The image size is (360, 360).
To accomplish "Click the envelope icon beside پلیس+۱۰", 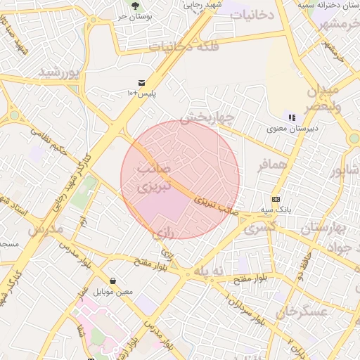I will (x=143, y=82).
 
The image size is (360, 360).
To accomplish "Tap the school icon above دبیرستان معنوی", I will (x=292, y=117).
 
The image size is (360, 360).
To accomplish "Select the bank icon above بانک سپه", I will (x=276, y=199).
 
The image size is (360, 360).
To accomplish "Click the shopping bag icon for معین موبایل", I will (x=112, y=281).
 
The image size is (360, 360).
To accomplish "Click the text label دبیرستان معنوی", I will (x=292, y=129).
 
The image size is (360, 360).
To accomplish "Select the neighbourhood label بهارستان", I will (x=325, y=229).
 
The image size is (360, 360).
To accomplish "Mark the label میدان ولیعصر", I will (x=323, y=98).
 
